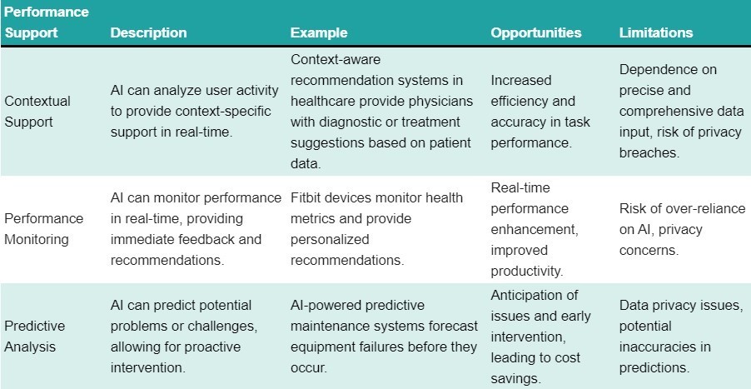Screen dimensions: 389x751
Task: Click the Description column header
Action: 148,33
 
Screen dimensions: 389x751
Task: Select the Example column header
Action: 319,33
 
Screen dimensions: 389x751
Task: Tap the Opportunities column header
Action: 536,33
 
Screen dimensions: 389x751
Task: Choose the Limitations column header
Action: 656,33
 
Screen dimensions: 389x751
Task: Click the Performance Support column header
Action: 47,23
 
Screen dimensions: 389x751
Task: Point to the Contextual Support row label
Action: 37,112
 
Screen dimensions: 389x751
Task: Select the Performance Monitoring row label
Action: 44,229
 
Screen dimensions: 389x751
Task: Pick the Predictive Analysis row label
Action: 34,337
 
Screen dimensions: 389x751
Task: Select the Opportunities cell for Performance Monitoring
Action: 530,229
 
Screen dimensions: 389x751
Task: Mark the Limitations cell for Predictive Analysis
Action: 681,337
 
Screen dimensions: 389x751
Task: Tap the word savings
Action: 519,378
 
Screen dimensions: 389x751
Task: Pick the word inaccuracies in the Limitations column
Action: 663,347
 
